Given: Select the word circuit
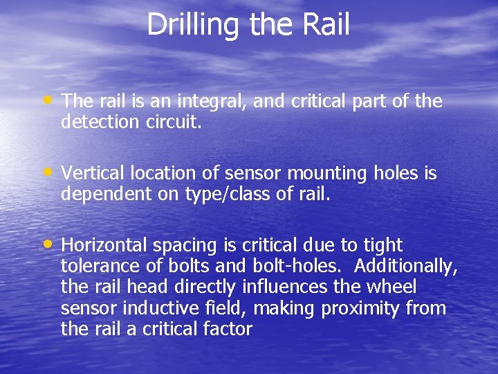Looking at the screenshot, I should [176, 122].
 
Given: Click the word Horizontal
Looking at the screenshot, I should [104, 245].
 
